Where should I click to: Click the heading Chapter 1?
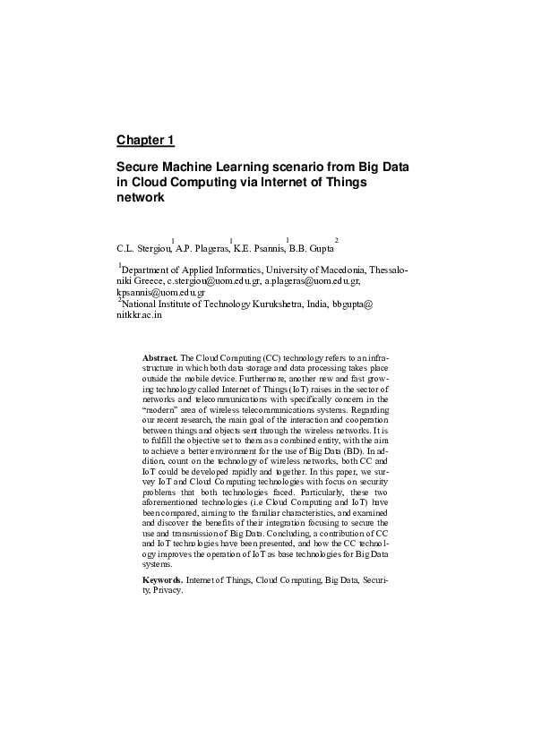145,141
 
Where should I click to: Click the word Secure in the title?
140,167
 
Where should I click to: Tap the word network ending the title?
142,198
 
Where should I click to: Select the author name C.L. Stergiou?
143,247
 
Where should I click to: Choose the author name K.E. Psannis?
259,247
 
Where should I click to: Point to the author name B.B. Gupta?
311,247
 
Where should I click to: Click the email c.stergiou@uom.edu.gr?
214,280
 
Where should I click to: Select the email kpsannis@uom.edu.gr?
161,292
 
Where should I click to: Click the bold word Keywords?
162,581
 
